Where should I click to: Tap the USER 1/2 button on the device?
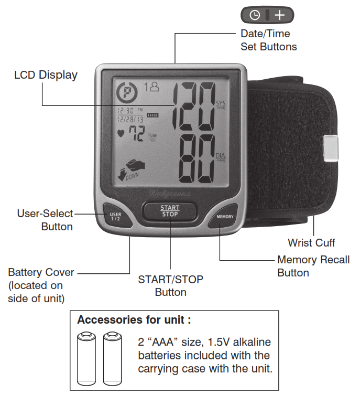[117, 216]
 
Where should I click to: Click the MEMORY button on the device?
[224, 216]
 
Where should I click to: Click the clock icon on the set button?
[255, 15]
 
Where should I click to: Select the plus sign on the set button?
[279, 15]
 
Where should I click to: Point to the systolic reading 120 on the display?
[194, 106]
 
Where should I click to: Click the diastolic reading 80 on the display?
[197, 159]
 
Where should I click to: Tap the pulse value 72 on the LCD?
[137, 133]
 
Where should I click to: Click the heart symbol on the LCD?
[121, 133]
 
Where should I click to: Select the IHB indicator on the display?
[152, 115]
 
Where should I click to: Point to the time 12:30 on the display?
[126, 111]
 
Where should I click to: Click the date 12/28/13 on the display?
[130, 119]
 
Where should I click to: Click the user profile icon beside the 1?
[154, 87]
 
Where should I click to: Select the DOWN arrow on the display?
[122, 175]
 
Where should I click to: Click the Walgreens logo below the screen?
[170, 194]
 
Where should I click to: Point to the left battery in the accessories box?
[86, 358]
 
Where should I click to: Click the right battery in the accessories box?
[113, 358]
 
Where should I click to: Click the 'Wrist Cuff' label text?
[311, 243]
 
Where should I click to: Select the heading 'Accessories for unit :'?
[134, 320]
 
